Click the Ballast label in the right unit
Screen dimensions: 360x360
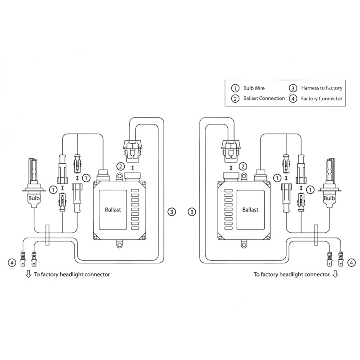(250, 210)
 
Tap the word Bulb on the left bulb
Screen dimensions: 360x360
(34, 198)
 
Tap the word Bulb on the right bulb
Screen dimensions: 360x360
(329, 198)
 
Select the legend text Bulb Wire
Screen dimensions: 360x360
(254, 88)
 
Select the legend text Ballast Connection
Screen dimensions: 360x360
(264, 98)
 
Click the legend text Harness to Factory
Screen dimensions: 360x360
(322, 88)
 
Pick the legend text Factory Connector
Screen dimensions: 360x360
(322, 98)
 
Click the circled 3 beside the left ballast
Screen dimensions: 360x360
(171, 211)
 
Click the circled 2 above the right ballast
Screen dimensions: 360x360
(243, 166)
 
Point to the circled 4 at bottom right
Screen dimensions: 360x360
(351, 261)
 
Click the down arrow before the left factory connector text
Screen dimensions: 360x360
(28, 274)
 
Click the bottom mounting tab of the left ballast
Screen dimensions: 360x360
(119, 244)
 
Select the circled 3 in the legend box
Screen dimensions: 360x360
(293, 88)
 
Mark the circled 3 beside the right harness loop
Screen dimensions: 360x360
(193, 211)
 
